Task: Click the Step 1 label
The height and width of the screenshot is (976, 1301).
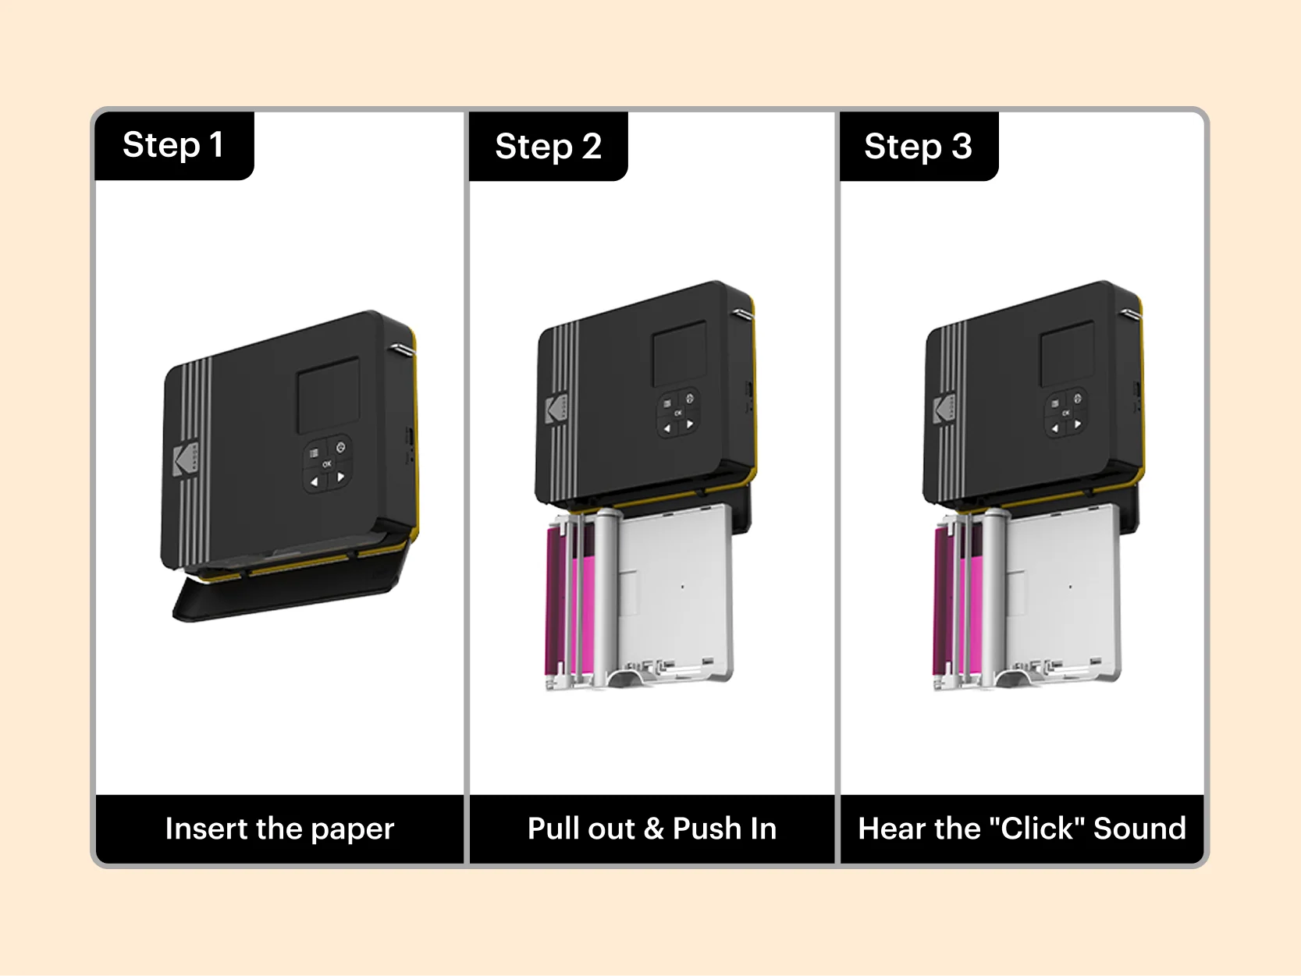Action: [173, 145]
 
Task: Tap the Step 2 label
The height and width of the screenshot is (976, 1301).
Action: [548, 147]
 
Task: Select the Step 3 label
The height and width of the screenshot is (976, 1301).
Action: [918, 147]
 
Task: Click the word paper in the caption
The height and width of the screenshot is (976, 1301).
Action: [352, 829]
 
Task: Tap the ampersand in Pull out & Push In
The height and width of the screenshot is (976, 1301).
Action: [653, 829]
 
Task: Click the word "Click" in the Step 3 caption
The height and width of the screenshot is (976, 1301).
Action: [1037, 829]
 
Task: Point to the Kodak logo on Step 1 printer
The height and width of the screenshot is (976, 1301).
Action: [185, 460]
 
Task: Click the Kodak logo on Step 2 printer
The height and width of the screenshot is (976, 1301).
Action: [556, 410]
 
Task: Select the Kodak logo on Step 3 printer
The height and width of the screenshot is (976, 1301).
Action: [944, 410]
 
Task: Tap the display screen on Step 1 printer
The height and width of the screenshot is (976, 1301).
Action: [329, 396]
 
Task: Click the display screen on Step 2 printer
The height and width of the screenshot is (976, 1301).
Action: [679, 353]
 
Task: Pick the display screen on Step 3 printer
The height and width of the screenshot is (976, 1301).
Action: [1067, 353]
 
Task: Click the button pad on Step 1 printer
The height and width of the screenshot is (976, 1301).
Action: [327, 463]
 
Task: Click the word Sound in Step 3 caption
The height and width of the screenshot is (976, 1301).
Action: [1139, 829]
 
